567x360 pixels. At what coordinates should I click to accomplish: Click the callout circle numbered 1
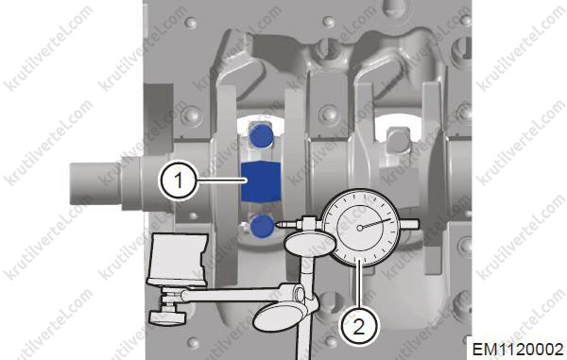tap(178, 180)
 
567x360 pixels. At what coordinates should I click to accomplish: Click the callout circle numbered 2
tap(358, 328)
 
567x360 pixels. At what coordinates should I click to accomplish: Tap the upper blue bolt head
tap(262, 135)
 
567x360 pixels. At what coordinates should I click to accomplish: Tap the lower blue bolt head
tap(262, 226)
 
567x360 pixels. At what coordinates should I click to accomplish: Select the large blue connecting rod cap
tap(261, 181)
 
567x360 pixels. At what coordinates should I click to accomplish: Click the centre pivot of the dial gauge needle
tap(359, 228)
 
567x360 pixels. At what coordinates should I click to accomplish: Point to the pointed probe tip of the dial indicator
tap(276, 224)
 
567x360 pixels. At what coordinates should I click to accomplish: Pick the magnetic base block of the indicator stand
tap(178, 259)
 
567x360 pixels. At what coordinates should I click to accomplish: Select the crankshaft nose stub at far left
tap(95, 183)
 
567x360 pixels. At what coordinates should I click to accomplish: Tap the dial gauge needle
tap(375, 223)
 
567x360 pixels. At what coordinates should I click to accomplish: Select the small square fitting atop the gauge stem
tap(308, 220)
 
